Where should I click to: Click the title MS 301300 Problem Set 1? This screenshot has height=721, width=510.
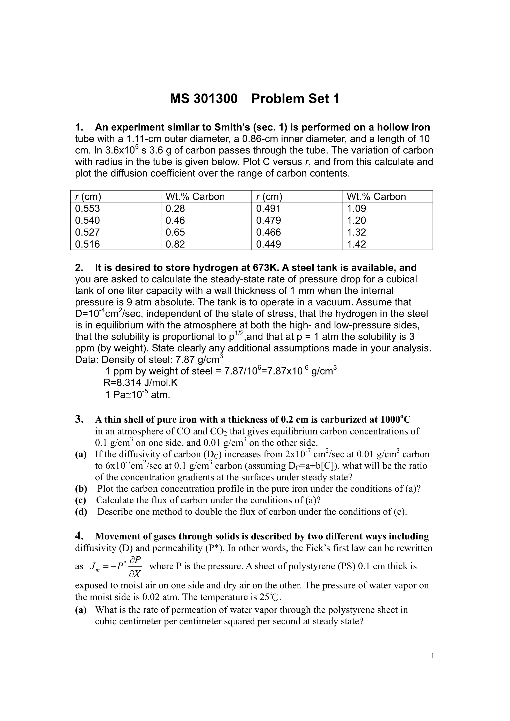pos(255,99)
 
